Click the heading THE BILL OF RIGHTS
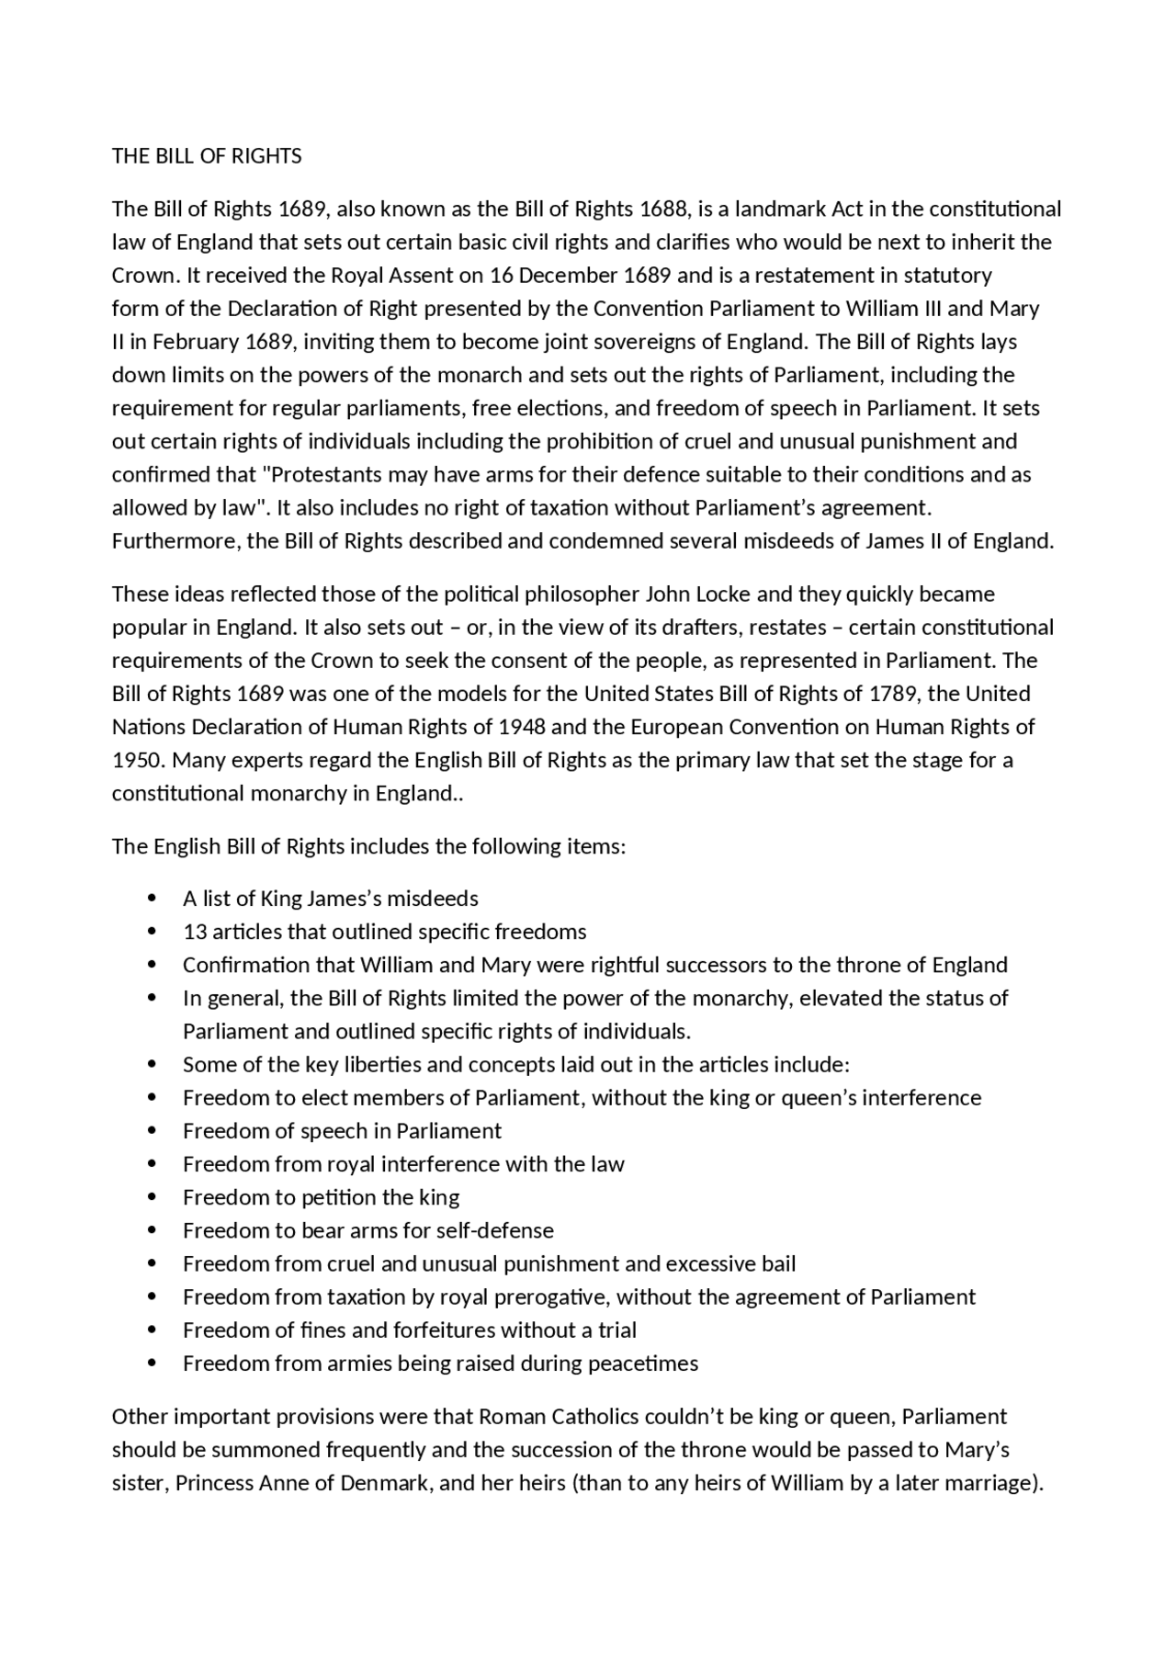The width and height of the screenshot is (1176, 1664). coord(207,156)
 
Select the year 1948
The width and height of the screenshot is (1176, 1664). coord(521,727)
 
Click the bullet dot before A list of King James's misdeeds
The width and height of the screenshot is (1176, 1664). coord(153,898)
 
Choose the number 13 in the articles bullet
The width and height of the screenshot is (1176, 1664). coord(195,932)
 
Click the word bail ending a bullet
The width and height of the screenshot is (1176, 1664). coord(778,1264)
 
